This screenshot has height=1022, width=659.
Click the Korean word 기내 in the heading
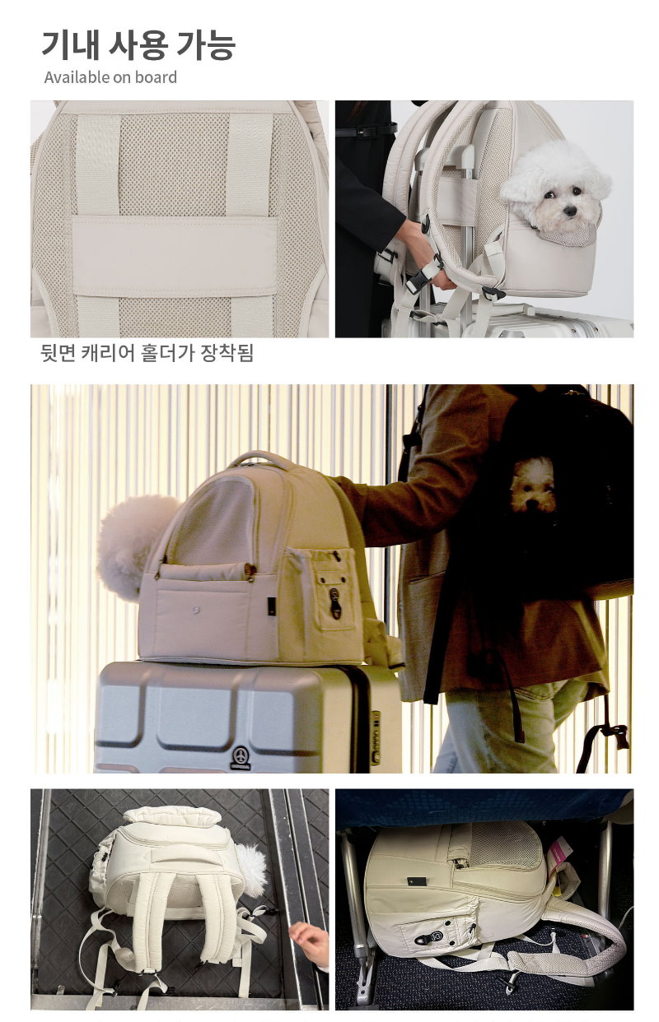point(70,45)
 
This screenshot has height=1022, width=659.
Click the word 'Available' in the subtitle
point(77,77)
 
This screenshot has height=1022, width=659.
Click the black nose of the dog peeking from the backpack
point(569,211)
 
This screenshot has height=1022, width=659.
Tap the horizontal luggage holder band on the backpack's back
point(175,257)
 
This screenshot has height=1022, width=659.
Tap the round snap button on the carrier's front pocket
point(196,609)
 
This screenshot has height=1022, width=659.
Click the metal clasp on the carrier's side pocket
point(334,603)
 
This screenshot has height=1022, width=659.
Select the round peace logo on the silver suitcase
point(241,754)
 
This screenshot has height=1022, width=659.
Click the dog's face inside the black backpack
point(532,485)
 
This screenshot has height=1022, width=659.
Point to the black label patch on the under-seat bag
point(417,881)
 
